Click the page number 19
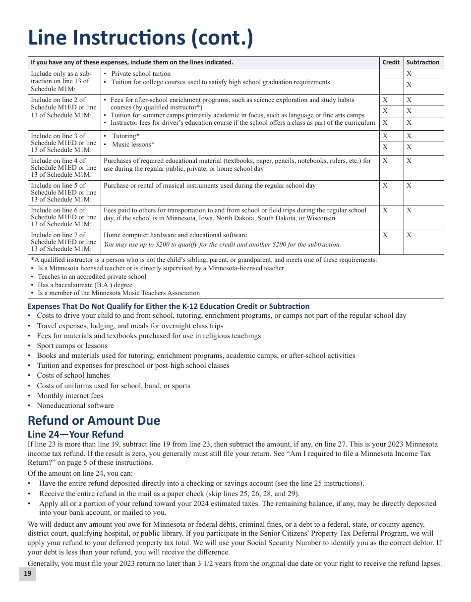click(x=27, y=573)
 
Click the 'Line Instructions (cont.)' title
click(x=140, y=39)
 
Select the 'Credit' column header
click(x=391, y=62)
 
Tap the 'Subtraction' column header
click(x=422, y=62)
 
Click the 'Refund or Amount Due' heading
click(x=94, y=420)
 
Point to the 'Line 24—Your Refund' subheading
click(x=75, y=434)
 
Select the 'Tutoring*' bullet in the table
click(x=125, y=136)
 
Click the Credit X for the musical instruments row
click(x=385, y=186)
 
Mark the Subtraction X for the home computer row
click(x=409, y=235)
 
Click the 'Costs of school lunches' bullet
click(x=73, y=375)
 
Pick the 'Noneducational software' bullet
click(x=75, y=405)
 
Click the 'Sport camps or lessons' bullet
click(x=72, y=346)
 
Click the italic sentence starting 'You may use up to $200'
click(x=222, y=244)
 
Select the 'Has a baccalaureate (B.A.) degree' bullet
click(x=85, y=285)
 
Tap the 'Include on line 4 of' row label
click(x=58, y=160)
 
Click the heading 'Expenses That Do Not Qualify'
click(x=169, y=306)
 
